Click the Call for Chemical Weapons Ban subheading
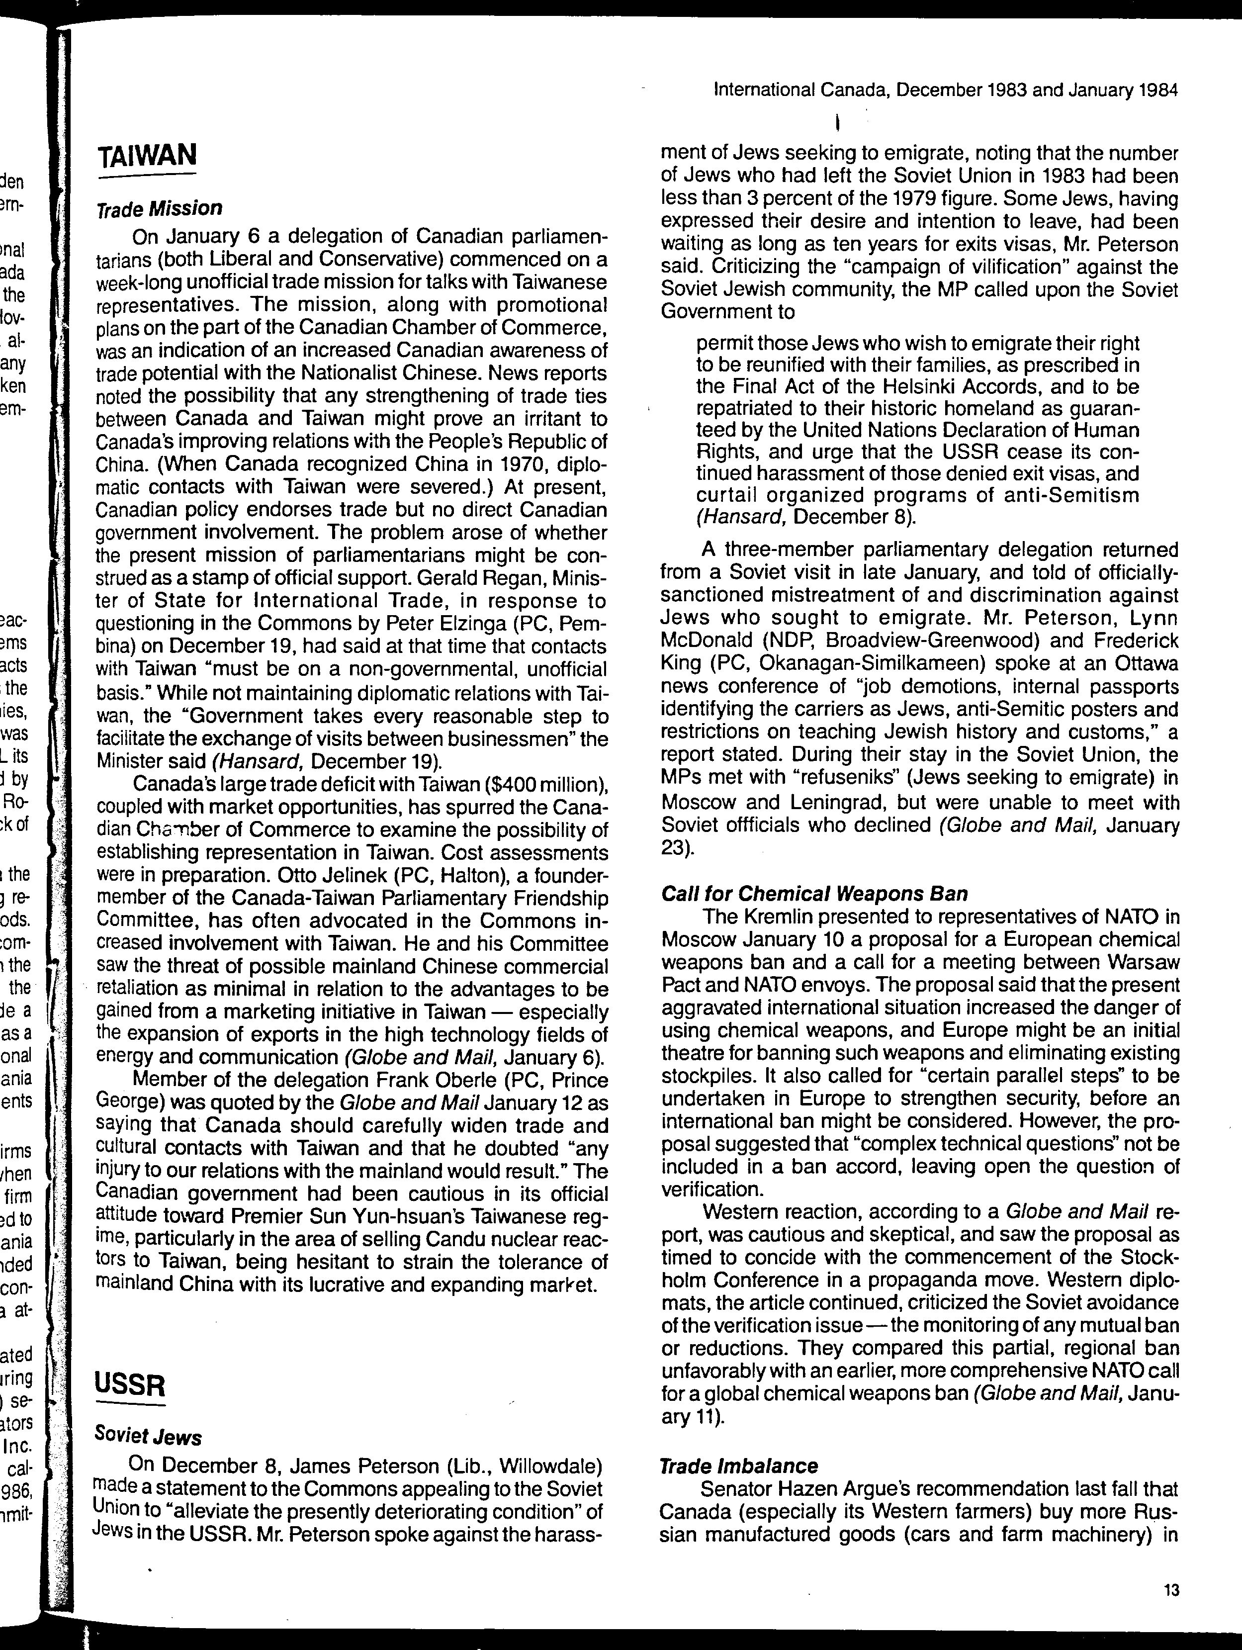point(814,894)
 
